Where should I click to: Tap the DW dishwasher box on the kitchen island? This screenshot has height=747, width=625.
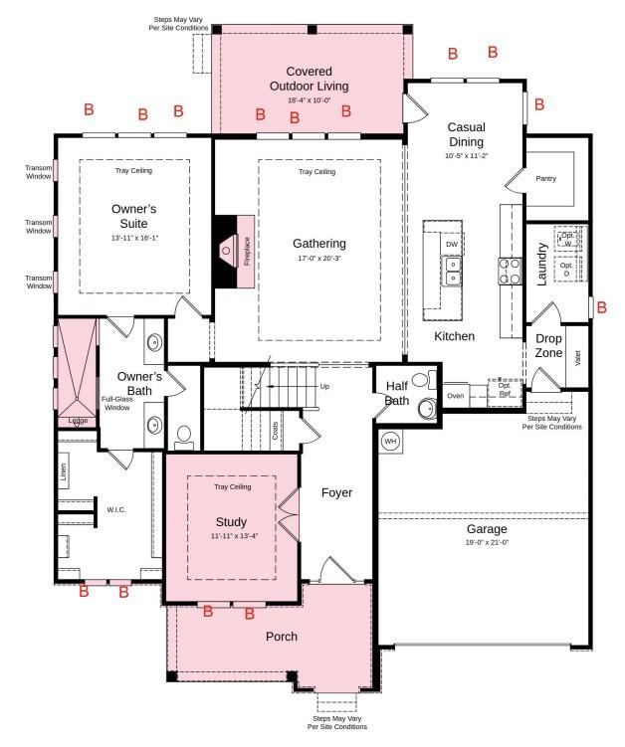[452, 244]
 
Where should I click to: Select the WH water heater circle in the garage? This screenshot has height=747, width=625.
[390, 441]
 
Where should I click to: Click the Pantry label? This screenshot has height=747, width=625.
[545, 179]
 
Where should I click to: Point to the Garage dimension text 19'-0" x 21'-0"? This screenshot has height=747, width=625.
[487, 542]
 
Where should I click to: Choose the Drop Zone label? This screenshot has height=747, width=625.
[548, 345]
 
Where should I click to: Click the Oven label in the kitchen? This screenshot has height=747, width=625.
[455, 396]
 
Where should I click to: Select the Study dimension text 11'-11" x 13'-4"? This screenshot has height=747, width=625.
[231, 538]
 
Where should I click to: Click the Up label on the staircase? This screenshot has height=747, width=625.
[324, 386]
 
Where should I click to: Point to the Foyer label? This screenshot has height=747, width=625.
[336, 492]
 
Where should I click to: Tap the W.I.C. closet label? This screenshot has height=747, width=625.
[116, 511]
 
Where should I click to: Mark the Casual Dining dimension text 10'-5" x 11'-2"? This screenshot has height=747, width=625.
[466, 155]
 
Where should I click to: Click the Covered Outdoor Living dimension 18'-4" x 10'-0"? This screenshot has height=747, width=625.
[309, 100]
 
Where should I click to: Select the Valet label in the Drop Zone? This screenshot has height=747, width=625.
[578, 357]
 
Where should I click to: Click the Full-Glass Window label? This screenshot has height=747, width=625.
[116, 404]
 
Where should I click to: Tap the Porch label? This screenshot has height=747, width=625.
[282, 637]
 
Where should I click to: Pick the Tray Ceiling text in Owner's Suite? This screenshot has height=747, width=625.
[133, 170]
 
